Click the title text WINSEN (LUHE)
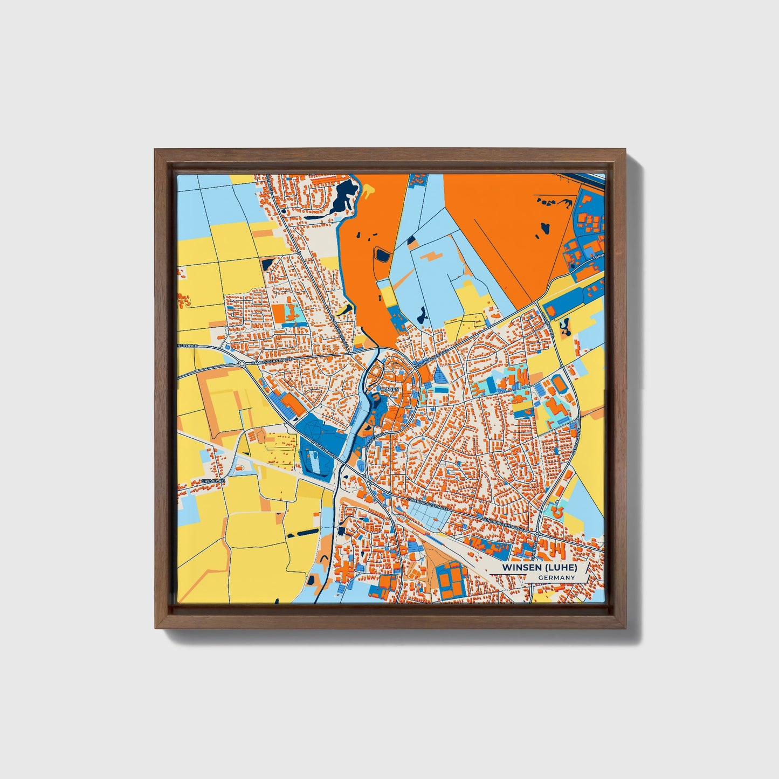click(539, 568)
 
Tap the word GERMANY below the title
click(556, 577)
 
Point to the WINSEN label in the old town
click(389, 389)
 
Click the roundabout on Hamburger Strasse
click(242, 364)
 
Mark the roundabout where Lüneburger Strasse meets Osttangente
click(537, 533)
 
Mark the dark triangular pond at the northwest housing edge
click(268, 264)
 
